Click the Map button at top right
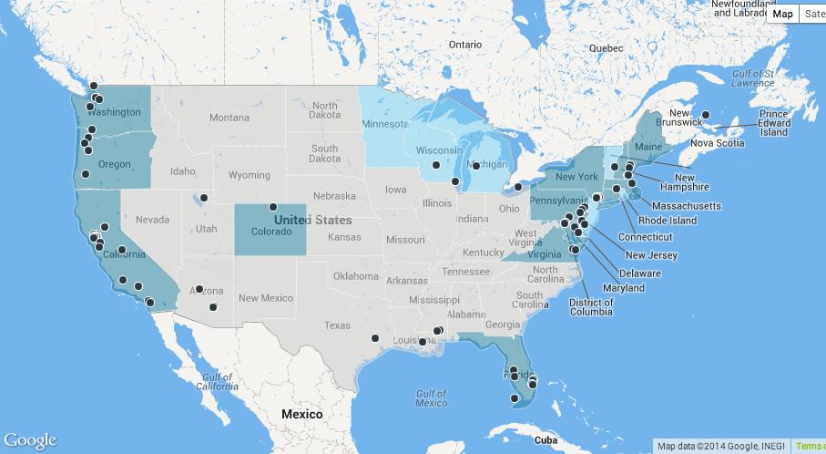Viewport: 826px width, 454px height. click(782, 14)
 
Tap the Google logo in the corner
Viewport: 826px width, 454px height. click(29, 441)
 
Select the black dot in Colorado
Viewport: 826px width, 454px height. click(273, 207)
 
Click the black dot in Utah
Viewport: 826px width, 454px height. click(204, 198)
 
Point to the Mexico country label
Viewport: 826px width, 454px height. click(301, 414)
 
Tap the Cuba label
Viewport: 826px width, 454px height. click(546, 439)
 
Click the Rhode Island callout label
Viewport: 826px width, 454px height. click(668, 221)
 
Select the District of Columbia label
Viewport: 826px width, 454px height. click(591, 307)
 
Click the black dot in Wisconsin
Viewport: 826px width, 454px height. click(436, 165)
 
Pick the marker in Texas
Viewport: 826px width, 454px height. click(375, 338)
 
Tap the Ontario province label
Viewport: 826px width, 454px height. click(464, 44)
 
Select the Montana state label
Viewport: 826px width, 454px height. click(229, 118)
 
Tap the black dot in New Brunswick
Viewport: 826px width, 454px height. click(705, 115)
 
